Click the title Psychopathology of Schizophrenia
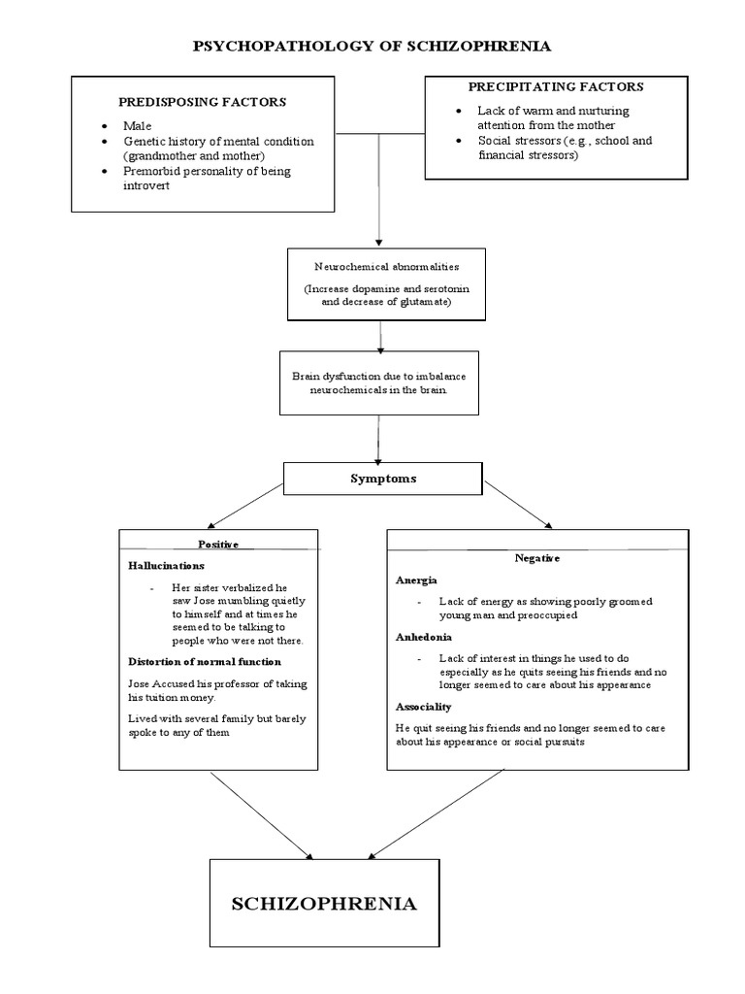click(372, 46)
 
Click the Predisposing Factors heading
click(202, 102)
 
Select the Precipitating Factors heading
click(556, 86)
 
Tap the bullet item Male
click(137, 126)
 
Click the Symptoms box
click(381, 480)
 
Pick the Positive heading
click(218, 545)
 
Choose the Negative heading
click(537, 558)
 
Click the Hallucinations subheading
click(166, 565)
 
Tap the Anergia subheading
click(417, 580)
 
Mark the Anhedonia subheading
click(424, 638)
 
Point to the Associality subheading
click(424, 707)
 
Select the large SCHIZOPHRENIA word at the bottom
click(324, 904)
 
